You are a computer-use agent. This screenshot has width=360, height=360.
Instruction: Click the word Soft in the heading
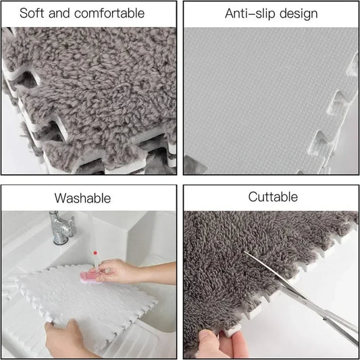(x=32, y=13)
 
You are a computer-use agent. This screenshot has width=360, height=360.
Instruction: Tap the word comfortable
(x=109, y=13)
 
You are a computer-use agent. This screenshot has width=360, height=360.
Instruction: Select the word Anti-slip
(x=250, y=14)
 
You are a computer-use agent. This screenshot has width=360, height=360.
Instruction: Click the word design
(x=299, y=14)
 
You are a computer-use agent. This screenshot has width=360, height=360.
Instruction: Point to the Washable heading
(x=82, y=198)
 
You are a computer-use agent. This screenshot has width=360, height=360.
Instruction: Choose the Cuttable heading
(x=273, y=197)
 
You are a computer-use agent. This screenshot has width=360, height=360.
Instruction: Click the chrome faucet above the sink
(x=61, y=228)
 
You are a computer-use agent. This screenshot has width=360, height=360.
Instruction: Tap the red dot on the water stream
(x=95, y=253)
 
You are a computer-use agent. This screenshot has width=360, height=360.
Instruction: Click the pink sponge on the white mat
(x=90, y=277)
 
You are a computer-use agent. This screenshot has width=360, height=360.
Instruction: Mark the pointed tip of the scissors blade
(x=245, y=252)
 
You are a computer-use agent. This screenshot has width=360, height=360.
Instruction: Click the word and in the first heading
(x=59, y=13)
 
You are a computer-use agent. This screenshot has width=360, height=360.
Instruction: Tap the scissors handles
(x=340, y=326)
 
